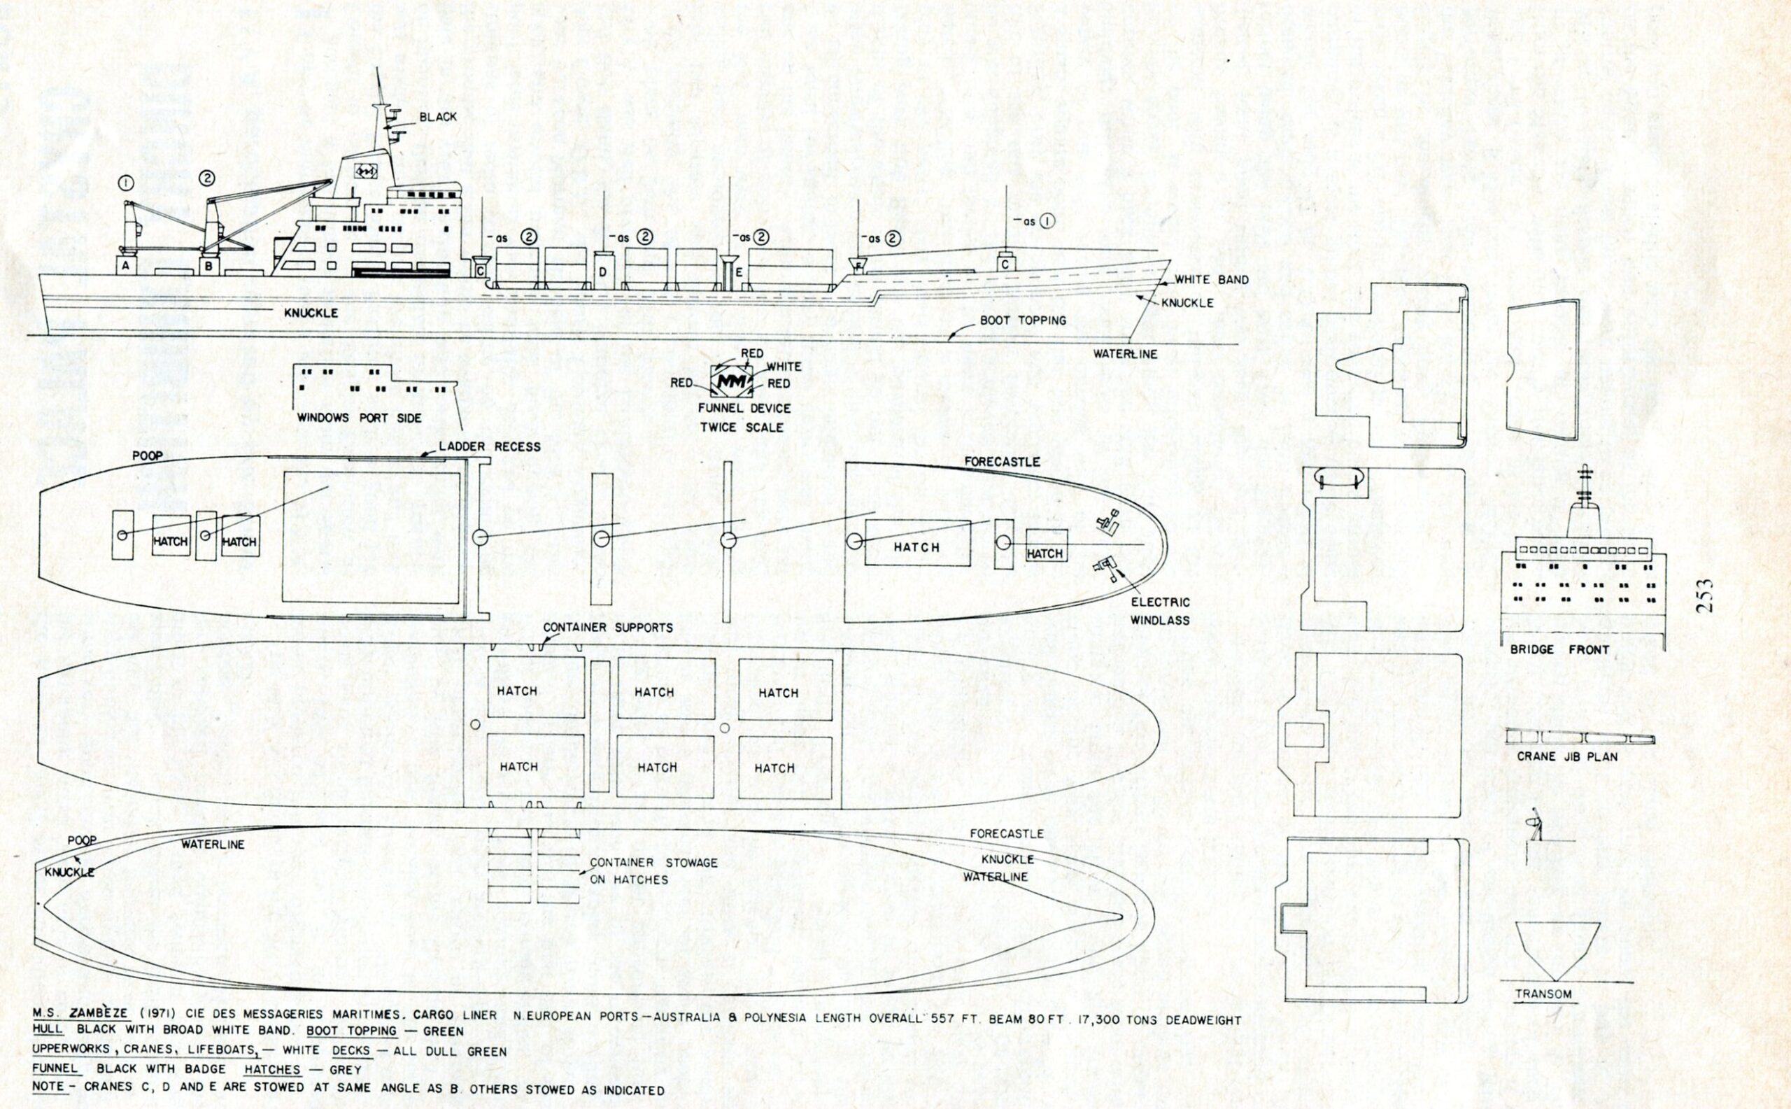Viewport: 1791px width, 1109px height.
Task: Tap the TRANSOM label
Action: [1543, 994]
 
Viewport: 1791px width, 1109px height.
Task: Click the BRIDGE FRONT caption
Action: [1559, 650]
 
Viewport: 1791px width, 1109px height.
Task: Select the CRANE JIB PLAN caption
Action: [1566, 756]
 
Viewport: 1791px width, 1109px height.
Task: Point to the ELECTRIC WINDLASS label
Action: [1159, 611]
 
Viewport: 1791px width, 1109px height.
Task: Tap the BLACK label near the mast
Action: [438, 117]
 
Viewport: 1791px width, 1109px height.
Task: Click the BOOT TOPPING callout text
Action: [1023, 320]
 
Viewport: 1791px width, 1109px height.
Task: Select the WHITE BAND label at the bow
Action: [1211, 279]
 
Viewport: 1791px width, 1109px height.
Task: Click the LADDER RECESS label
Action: [489, 446]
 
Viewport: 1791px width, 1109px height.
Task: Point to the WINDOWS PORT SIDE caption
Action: [359, 418]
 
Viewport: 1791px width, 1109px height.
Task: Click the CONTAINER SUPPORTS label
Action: [607, 628]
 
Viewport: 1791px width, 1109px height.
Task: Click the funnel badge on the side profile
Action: [364, 171]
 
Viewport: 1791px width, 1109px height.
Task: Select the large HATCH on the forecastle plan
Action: [916, 546]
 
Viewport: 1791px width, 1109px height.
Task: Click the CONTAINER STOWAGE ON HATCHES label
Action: [653, 870]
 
